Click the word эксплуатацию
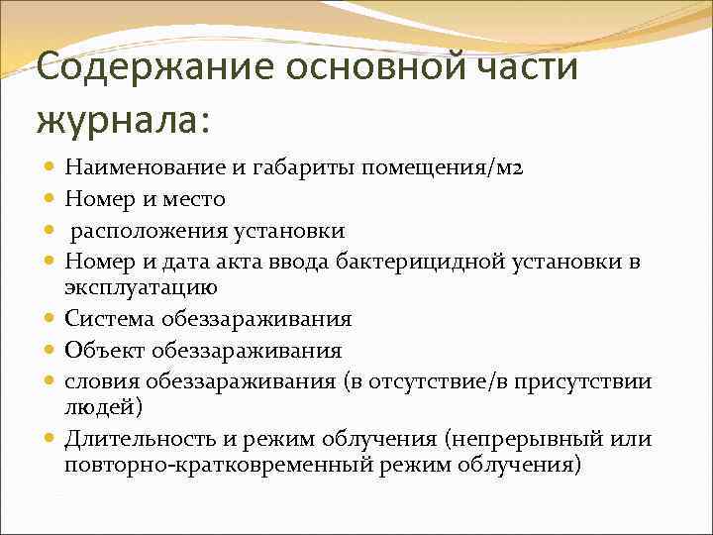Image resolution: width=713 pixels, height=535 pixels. click(142, 288)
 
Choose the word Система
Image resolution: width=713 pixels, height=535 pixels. click(110, 319)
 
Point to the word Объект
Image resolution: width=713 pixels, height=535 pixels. click(104, 350)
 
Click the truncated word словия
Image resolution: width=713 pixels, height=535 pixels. click(103, 381)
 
